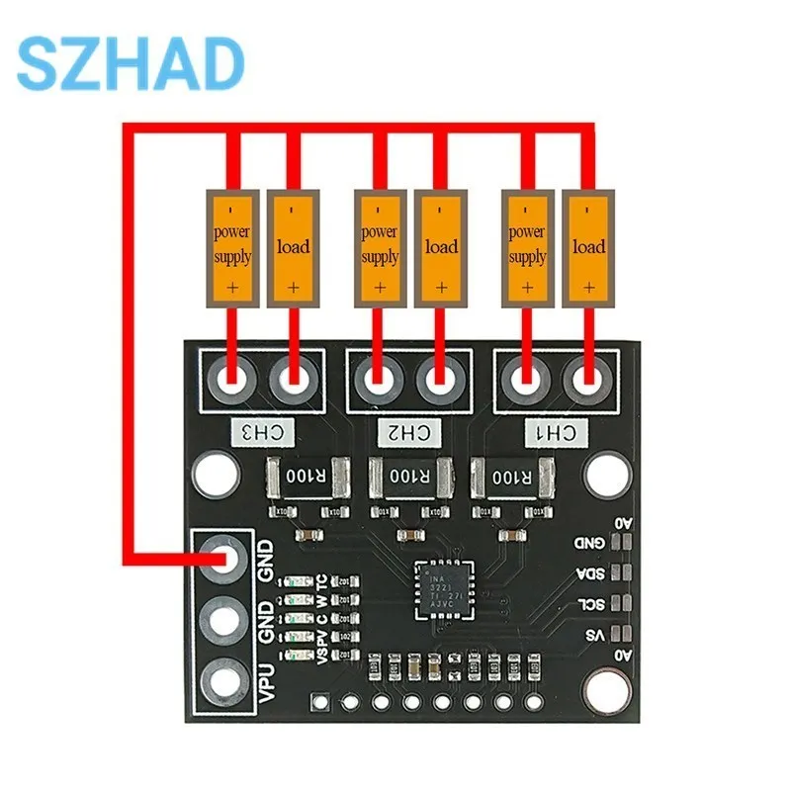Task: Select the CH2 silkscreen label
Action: coord(409,431)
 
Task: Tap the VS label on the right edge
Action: coord(593,634)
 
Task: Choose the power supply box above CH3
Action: coord(232,246)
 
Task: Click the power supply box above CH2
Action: coord(380,246)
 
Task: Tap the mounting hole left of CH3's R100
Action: coord(212,476)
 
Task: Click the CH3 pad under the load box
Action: coord(294,378)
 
